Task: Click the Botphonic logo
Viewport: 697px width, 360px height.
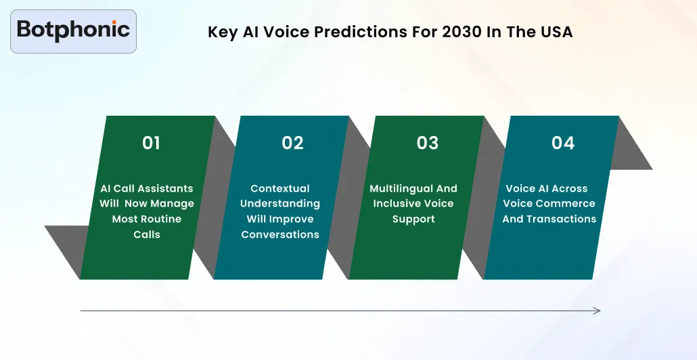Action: coord(73,30)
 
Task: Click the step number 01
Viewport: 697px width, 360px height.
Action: coord(152,143)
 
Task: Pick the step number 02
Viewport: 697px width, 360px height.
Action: coord(292,143)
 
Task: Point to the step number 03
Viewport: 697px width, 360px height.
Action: coord(428,143)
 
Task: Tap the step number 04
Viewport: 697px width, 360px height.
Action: coord(563,143)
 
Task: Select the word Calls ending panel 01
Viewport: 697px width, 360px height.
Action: coord(147,234)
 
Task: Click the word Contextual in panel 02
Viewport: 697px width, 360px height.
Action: coord(279,189)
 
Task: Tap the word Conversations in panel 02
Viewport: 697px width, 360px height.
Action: coord(279,234)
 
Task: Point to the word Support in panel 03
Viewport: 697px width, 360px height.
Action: coord(413,219)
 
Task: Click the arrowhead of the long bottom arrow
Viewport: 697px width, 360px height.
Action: coord(597,311)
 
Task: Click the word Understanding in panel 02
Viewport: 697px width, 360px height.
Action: coord(279,204)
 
